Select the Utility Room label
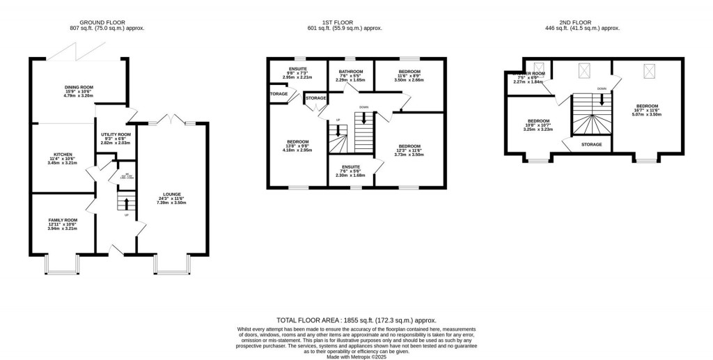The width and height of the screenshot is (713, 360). (116, 134)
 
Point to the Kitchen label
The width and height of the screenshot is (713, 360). (63, 155)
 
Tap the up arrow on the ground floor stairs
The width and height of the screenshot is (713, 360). (126, 203)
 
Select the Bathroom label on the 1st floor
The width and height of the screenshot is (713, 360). (351, 72)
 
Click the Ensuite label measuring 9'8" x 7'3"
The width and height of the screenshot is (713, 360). (298, 69)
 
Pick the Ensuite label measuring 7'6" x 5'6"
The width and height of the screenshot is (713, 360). (351, 167)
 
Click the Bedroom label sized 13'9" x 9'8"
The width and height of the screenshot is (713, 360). (298, 141)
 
